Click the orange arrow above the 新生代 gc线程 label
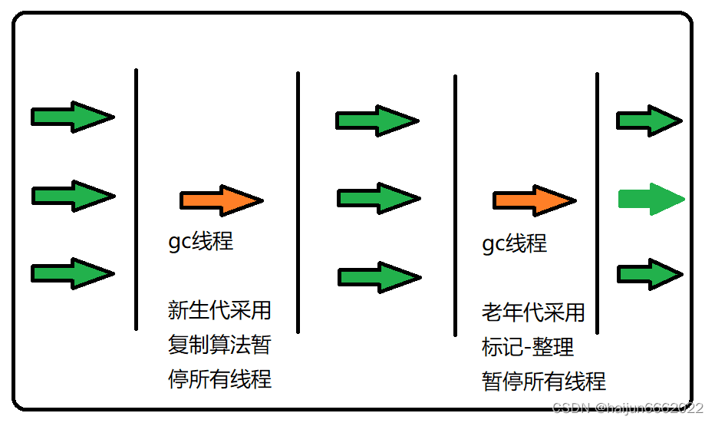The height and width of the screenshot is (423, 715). click(x=221, y=200)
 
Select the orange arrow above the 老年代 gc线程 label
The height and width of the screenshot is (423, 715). click(x=534, y=200)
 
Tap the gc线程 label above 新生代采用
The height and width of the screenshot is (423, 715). click(x=200, y=241)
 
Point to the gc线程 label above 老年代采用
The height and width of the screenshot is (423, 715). click(x=514, y=243)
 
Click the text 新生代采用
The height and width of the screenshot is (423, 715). click(x=219, y=310)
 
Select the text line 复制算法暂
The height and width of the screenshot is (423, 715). click(x=219, y=344)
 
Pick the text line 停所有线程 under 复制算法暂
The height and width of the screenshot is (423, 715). click(x=219, y=378)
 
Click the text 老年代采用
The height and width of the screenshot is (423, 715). click(x=533, y=312)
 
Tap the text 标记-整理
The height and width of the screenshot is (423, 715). click(x=528, y=346)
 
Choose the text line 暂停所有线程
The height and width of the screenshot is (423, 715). click(x=544, y=381)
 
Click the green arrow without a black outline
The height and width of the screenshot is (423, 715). click(x=651, y=199)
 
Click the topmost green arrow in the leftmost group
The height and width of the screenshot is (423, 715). click(x=72, y=117)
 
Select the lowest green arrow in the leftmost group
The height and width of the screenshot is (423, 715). click(x=72, y=273)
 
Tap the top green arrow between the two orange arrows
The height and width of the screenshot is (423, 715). click(x=377, y=121)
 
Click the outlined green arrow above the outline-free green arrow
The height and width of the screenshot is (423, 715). click(x=649, y=121)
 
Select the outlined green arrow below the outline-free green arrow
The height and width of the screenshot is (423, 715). click(x=649, y=274)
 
